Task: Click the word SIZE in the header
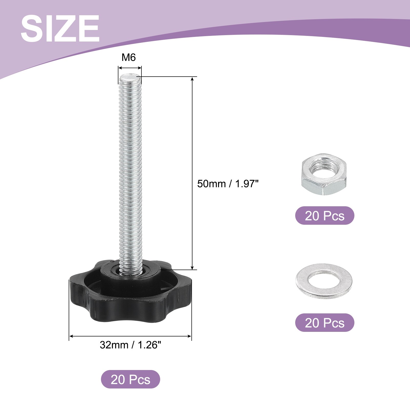pyautogui.click(x=60, y=28)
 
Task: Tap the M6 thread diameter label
pyautogui.click(x=129, y=58)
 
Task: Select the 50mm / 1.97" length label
pyautogui.click(x=228, y=184)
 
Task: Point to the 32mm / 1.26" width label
pyautogui.click(x=130, y=345)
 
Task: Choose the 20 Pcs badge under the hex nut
pyautogui.click(x=325, y=216)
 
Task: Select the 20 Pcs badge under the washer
pyautogui.click(x=325, y=323)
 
